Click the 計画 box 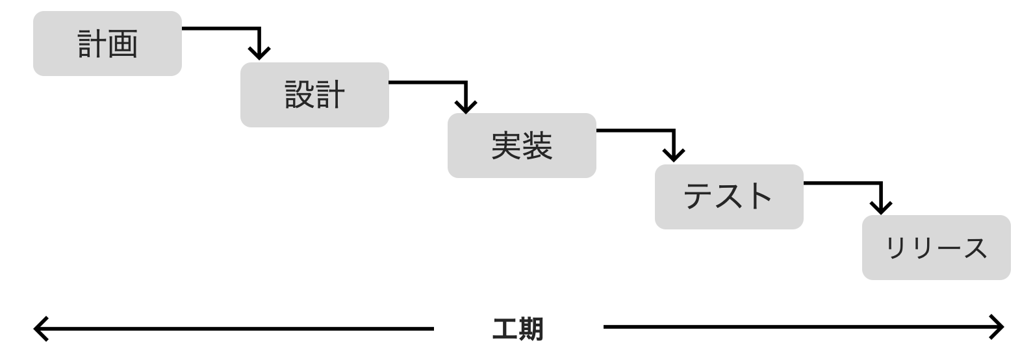pyautogui.click(x=107, y=44)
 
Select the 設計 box pyautogui.click(x=314, y=95)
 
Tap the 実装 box pyautogui.click(x=522, y=146)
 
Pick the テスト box pyautogui.click(x=729, y=197)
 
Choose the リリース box pyautogui.click(x=936, y=248)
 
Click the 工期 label pyautogui.click(x=518, y=329)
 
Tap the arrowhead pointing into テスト pyautogui.click(x=674, y=156)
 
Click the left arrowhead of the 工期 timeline pyautogui.click(x=38, y=328)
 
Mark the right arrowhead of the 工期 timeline pyautogui.click(x=999, y=327)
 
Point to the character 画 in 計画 pyautogui.click(x=123, y=44)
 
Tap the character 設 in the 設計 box pyautogui.click(x=300, y=95)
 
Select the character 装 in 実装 pyautogui.click(x=537, y=146)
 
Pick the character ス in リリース pyautogui.click(x=975, y=248)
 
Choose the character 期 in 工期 pyautogui.click(x=531, y=329)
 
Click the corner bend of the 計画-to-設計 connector pyautogui.click(x=259, y=29)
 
